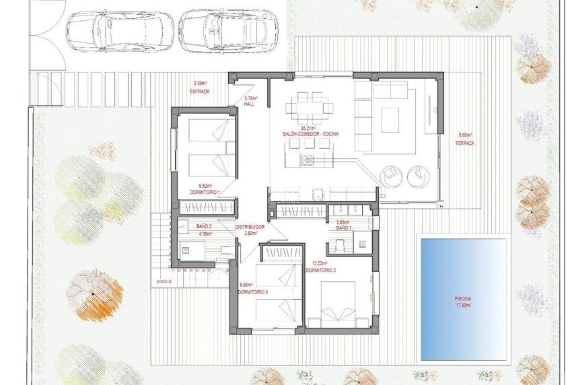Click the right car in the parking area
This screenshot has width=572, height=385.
[x=227, y=30]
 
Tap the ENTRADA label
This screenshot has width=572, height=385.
[x=200, y=90]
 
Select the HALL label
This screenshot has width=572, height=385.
[x=249, y=104]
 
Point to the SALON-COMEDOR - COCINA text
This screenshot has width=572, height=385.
[x=310, y=134]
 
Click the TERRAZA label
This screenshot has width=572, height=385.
[x=465, y=143]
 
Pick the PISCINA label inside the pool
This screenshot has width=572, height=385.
[x=463, y=298]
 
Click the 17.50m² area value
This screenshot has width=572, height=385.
[x=463, y=305]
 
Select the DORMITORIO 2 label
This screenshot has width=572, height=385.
[x=320, y=270]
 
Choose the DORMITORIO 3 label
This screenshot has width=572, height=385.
[x=253, y=291]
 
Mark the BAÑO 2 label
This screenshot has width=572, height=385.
[x=204, y=227]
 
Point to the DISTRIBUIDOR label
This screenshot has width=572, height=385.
[x=250, y=227]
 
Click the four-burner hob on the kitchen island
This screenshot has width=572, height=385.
[x=307, y=160]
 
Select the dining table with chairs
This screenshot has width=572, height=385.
[x=310, y=108]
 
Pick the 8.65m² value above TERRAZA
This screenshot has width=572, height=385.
[x=465, y=134]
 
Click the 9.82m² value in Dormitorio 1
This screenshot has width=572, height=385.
[x=205, y=186]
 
